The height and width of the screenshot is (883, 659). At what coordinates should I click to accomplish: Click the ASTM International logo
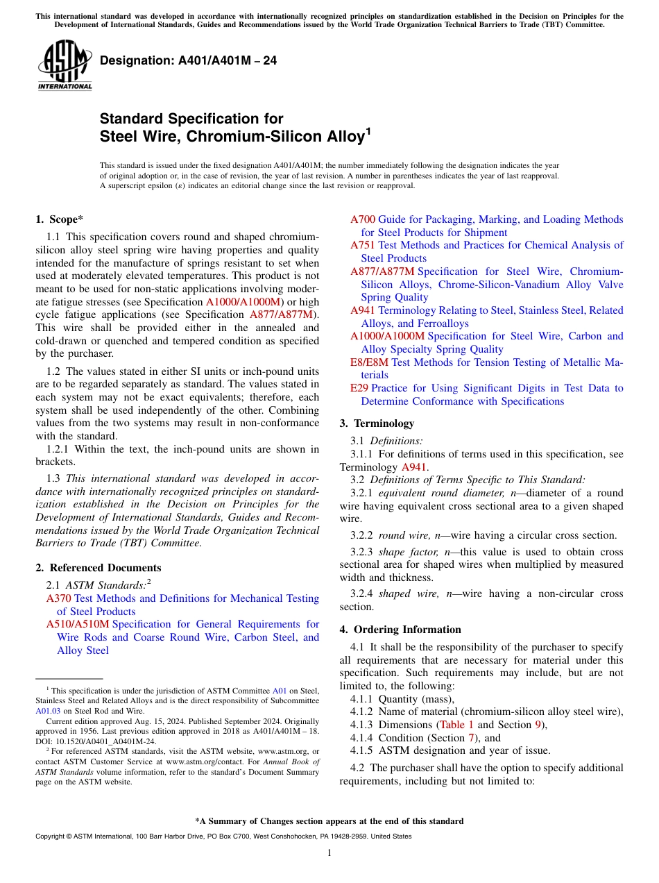(x=65, y=65)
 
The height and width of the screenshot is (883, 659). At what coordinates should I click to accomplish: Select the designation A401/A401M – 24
(x=188, y=60)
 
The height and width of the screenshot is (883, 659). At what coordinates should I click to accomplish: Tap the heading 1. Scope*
(x=60, y=219)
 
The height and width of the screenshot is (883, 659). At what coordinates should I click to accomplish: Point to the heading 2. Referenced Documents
(x=99, y=568)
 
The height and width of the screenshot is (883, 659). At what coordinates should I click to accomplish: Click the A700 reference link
(x=362, y=219)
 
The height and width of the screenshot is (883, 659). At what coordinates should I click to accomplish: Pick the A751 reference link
(x=362, y=245)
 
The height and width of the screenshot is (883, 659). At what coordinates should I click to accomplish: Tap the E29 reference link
(x=359, y=388)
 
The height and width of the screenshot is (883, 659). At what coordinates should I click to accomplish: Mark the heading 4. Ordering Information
(x=400, y=630)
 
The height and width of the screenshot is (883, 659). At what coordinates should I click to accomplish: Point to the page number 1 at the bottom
(x=329, y=853)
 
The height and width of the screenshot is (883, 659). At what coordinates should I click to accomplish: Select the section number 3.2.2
(x=361, y=535)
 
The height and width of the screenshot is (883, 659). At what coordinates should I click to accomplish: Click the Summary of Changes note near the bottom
(x=329, y=821)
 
